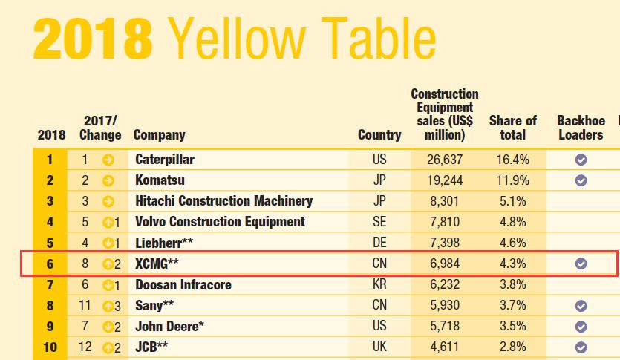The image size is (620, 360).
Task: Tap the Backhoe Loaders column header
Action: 581,128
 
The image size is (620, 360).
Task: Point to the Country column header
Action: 379,135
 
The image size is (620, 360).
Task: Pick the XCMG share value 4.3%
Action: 513,263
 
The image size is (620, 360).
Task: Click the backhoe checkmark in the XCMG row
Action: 581,263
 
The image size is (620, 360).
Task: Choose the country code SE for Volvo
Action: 379,221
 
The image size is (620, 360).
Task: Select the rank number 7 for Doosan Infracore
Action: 50,284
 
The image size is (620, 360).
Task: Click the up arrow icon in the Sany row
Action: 108,305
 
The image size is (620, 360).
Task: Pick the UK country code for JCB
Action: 379,347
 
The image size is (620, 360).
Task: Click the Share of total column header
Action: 513,128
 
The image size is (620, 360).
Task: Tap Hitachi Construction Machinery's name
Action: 223,200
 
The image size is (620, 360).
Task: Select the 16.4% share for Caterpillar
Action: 513,159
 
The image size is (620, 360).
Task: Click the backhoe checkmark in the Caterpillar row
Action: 581,159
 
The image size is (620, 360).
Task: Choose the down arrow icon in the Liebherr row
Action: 108,243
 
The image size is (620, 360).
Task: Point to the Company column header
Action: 159,135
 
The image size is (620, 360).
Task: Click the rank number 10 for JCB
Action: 50,347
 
